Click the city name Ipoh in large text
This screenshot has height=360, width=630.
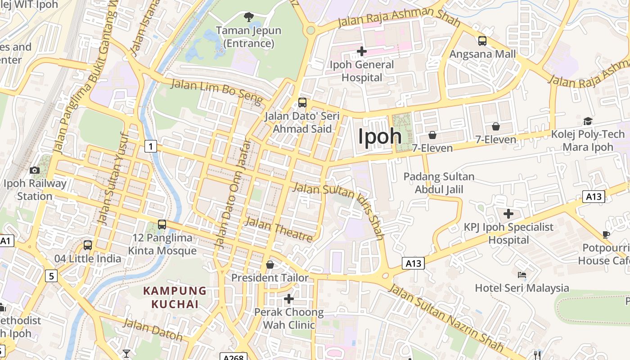(380, 136)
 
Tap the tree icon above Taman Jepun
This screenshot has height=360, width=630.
(248, 17)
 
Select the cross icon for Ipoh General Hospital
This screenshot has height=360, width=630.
(361, 51)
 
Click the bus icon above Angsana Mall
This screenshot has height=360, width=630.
(482, 41)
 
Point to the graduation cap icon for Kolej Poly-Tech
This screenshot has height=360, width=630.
(588, 121)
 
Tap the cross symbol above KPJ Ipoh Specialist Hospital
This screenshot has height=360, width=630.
(508, 214)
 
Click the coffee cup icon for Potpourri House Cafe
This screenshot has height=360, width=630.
(606, 234)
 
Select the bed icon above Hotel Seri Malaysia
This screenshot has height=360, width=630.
(522, 274)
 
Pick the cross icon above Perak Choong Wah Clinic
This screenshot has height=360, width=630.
(289, 298)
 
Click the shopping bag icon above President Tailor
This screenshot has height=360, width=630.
(270, 265)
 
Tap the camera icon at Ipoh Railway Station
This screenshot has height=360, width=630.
(34, 170)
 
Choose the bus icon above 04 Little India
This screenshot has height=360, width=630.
(88, 245)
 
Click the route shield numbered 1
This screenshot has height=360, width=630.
(151, 146)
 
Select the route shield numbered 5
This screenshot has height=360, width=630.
(51, 275)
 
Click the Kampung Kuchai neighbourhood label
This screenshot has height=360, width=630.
(175, 297)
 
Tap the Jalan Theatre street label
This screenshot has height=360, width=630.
(279, 229)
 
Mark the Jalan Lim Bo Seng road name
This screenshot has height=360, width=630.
(216, 91)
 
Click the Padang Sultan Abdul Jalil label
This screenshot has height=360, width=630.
(439, 183)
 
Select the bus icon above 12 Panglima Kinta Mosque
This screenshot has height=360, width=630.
(162, 225)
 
